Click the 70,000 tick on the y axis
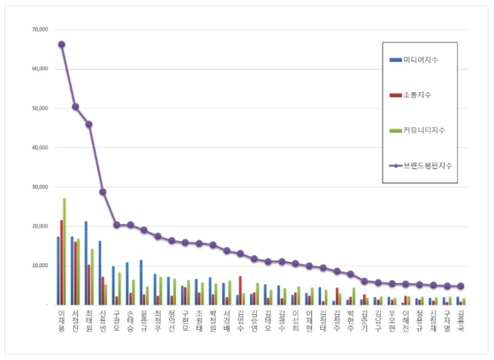[x=38, y=30]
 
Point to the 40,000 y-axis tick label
[x=38, y=147]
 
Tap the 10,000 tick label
[x=38, y=266]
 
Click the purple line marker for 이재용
[x=61, y=44]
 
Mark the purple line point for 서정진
[x=75, y=106]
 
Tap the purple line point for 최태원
[x=89, y=124]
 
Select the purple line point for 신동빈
[x=103, y=192]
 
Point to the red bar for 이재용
[x=61, y=262]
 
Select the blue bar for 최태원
[x=86, y=263]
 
